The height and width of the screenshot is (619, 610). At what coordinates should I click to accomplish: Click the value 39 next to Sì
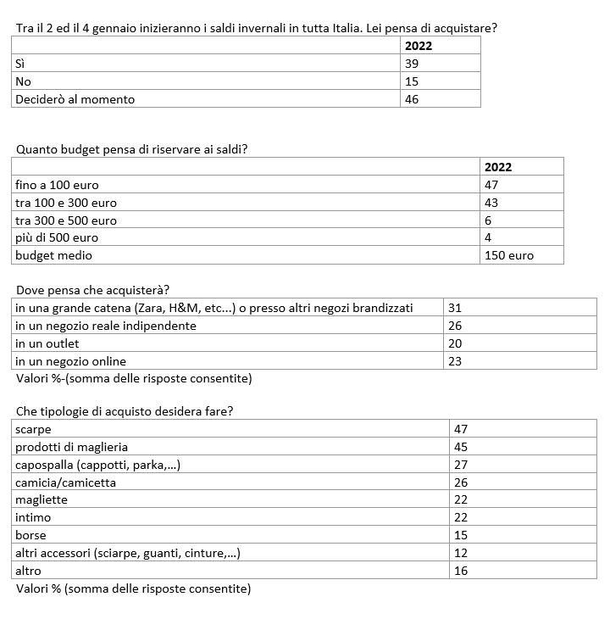(413, 64)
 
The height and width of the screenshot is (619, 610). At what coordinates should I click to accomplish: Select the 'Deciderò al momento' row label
(75, 99)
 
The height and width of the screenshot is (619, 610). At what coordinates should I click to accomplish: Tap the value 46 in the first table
(413, 99)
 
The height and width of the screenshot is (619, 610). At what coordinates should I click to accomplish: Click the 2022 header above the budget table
(499, 167)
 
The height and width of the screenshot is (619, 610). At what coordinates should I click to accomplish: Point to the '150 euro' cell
(509, 255)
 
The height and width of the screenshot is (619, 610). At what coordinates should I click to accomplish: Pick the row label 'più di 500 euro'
(57, 238)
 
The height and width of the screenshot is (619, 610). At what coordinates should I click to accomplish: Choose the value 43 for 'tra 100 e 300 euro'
(492, 203)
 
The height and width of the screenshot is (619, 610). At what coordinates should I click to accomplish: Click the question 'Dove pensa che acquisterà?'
(93, 290)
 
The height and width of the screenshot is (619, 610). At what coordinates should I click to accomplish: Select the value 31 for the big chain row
(454, 308)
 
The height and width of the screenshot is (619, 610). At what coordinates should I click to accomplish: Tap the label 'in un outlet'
(47, 343)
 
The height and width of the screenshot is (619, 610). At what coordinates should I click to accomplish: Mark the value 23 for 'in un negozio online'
(454, 361)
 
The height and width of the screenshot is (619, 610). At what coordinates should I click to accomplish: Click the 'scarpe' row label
(34, 429)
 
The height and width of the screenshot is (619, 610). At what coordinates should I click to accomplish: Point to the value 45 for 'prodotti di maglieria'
(461, 447)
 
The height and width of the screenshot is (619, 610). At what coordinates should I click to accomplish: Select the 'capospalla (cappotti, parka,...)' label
(98, 465)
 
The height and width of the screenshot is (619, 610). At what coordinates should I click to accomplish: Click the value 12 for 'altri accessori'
(461, 553)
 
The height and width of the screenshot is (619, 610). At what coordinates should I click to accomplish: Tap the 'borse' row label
(31, 535)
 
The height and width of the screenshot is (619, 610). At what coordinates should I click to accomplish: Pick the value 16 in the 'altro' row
(461, 571)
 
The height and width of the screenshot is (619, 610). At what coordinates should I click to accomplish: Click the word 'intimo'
(33, 517)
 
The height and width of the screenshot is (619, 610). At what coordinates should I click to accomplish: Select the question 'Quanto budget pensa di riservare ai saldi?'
(132, 150)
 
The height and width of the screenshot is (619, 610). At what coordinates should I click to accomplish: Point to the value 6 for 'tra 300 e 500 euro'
(489, 220)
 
